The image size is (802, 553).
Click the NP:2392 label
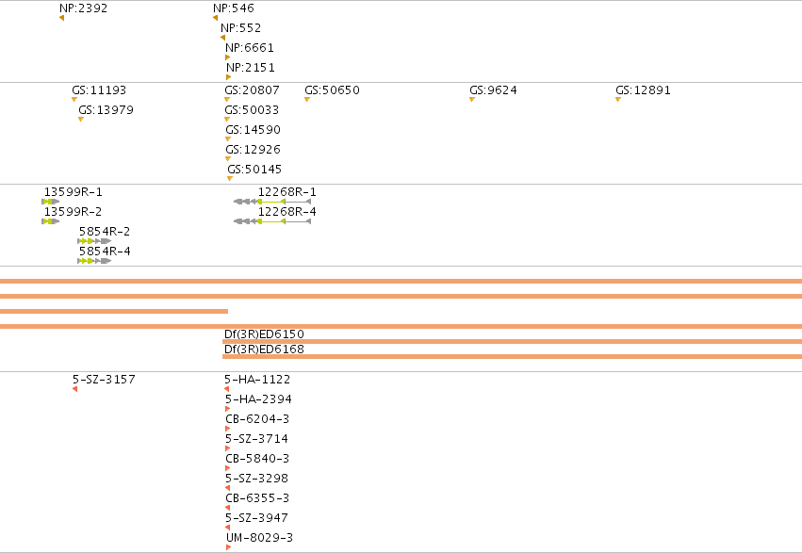83,8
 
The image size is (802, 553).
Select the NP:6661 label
250,47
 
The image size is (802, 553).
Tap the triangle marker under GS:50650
307,100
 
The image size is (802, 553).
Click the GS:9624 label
493,90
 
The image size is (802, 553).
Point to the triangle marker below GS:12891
618,100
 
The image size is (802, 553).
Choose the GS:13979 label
106,110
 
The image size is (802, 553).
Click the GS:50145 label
254,170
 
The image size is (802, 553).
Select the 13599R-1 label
74,191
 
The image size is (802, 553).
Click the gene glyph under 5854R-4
94,261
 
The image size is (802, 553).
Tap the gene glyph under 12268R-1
272,202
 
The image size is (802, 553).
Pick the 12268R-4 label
286,212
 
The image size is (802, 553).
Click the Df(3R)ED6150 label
264,334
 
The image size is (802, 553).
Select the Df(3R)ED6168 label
264,350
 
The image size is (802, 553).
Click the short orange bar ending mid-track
113,311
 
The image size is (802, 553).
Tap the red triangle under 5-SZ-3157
74,389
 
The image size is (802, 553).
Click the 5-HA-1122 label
257,380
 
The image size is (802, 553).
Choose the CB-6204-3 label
257,419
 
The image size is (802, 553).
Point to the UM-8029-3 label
260,538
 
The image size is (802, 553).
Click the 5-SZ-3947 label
256,518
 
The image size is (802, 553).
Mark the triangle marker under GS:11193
74,100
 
